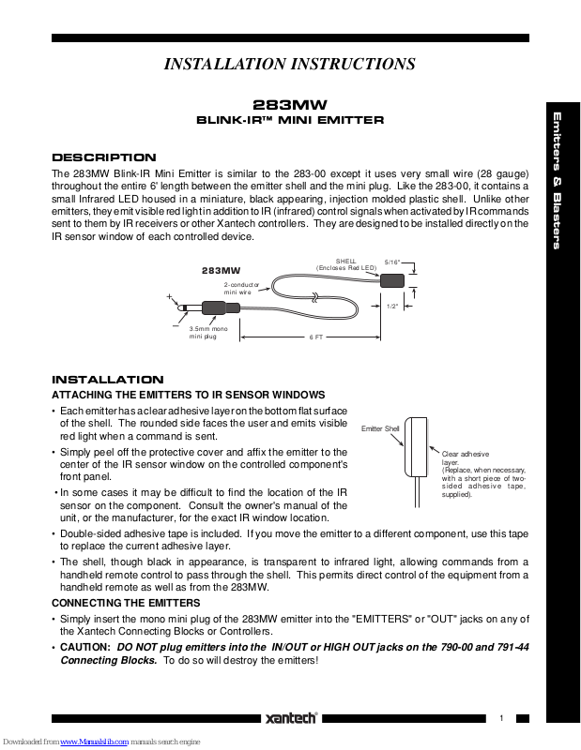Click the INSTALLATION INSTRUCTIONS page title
pos(289,65)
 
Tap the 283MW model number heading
pos(290,106)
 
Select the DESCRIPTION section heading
pos(103,157)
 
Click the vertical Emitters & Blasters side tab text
pos(557,181)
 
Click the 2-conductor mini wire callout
pos(238,288)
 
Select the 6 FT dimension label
pos(316,337)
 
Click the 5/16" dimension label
pos(393,263)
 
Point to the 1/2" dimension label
pos(394,306)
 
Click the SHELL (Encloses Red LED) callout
pos(346,264)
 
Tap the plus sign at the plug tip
pos(171,297)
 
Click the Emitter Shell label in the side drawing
pos(380,428)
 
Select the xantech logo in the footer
pos(291,718)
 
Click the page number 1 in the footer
pos(502,718)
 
